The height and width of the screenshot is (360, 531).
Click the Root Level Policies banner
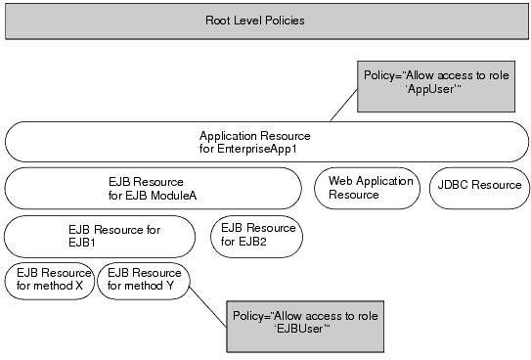tap(266, 21)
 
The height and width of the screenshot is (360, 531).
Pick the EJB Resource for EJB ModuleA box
tap(153, 188)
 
